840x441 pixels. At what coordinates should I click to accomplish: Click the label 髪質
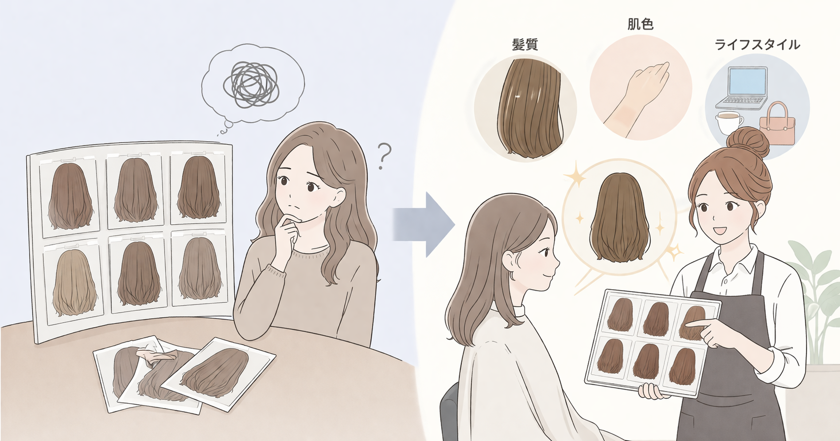point(525,45)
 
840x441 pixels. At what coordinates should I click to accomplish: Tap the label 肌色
point(640,24)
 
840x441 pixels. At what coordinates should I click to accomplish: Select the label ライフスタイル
point(757,45)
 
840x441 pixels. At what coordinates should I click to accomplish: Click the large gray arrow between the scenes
point(423,224)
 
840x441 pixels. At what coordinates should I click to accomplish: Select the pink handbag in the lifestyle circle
point(777,125)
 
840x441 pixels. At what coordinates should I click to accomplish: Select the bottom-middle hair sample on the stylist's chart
point(647,360)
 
